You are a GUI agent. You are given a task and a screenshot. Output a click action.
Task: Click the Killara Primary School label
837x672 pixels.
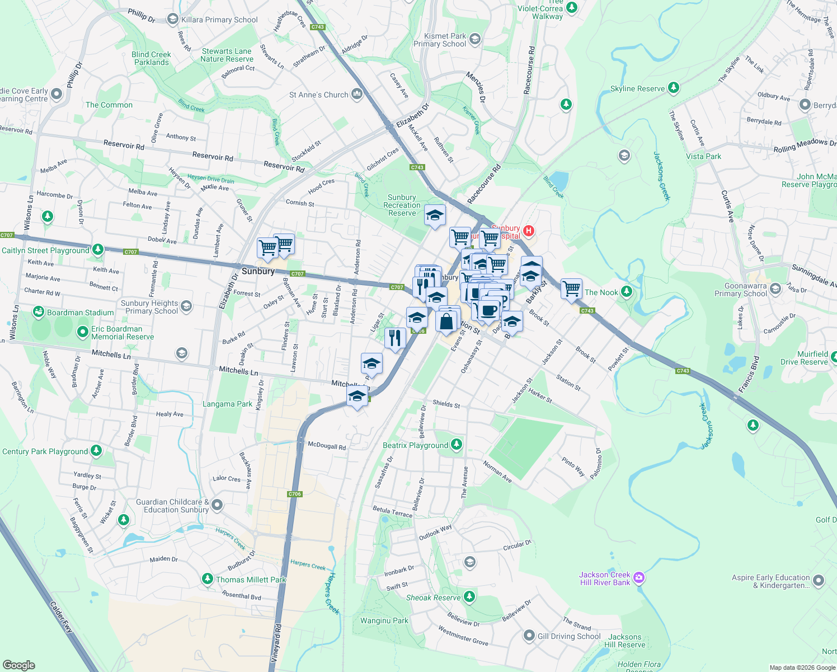point(219,20)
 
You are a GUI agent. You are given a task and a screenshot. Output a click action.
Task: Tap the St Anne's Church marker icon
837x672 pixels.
point(357,94)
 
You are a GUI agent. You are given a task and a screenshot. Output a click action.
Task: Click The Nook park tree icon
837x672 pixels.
point(627,292)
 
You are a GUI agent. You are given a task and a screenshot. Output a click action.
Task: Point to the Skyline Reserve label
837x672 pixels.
point(637,88)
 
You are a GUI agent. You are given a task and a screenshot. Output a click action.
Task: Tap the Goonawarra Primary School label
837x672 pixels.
point(741,290)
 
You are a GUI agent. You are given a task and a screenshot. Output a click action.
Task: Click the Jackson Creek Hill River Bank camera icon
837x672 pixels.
point(639,577)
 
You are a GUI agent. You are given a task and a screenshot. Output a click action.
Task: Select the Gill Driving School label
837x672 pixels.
point(569,636)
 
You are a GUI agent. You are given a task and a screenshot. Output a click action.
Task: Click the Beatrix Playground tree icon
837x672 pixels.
point(457,445)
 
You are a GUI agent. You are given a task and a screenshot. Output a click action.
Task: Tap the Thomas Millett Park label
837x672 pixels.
point(251,580)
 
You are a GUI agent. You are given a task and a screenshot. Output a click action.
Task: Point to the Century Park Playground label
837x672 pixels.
point(45,451)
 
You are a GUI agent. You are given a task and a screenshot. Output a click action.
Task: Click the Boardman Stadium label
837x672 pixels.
point(81,312)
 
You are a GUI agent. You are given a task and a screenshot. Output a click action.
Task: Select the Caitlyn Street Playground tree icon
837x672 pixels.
point(98,249)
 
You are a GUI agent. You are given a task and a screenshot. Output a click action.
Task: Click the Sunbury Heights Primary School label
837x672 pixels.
point(149,307)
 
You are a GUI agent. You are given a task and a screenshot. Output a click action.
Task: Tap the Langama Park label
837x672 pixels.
point(228,404)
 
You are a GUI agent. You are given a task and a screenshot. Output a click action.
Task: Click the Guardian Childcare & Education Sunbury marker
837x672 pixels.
point(217,505)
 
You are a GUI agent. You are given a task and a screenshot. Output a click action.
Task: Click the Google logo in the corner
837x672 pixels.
point(18,665)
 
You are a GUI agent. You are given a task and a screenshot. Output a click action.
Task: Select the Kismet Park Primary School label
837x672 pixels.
point(440,40)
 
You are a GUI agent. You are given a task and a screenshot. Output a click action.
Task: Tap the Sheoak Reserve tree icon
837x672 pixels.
point(469,597)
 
